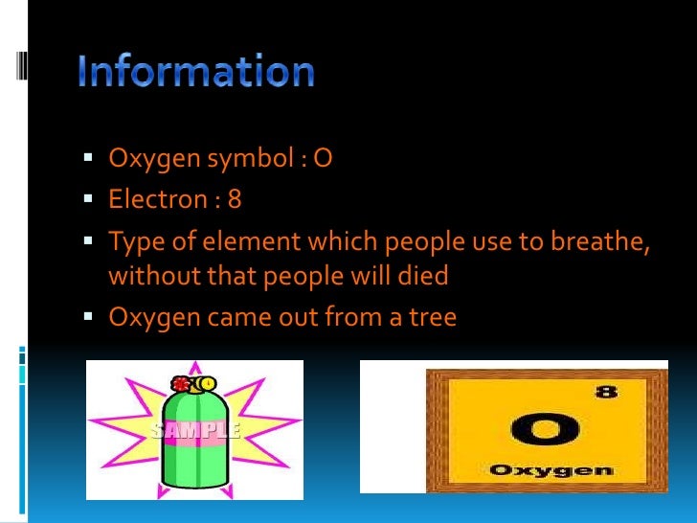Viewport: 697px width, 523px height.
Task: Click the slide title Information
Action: pyautogui.click(x=196, y=73)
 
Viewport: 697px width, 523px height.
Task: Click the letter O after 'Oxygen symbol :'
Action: pyautogui.click(x=322, y=158)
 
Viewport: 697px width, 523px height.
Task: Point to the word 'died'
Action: pyautogui.click(x=422, y=276)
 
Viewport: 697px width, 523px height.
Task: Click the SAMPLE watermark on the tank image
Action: pyautogui.click(x=195, y=430)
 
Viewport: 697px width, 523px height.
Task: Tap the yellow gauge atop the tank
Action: pyautogui.click(x=207, y=384)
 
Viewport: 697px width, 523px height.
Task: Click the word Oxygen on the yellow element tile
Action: pyautogui.click(x=550, y=470)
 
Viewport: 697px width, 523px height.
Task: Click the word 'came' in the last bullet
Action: pyautogui.click(x=219, y=315)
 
